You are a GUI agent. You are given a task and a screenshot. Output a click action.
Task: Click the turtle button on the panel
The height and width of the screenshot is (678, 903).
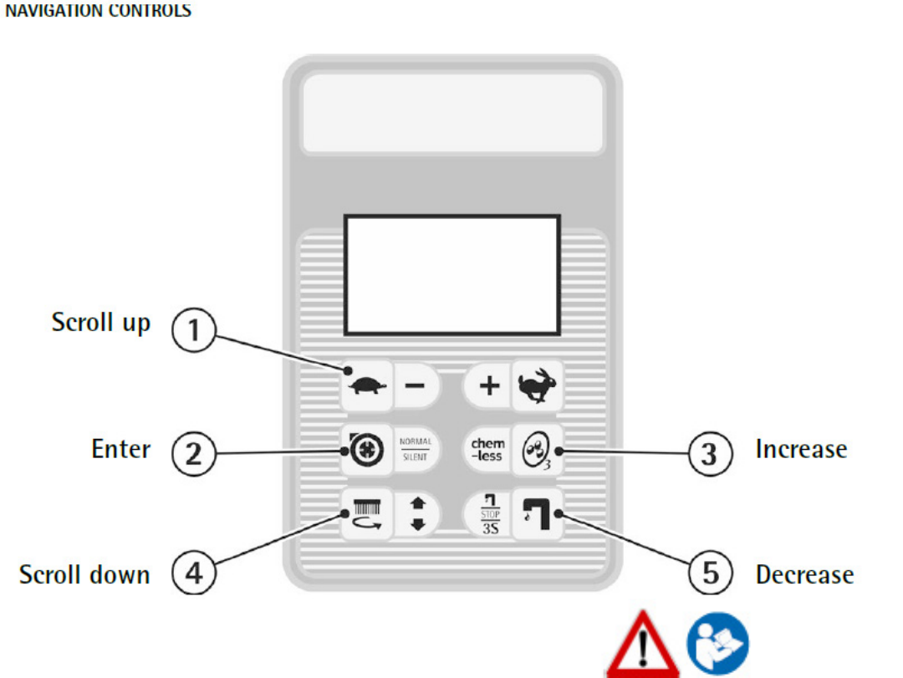point(366,386)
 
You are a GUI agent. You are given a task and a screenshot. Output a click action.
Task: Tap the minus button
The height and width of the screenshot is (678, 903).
point(416,386)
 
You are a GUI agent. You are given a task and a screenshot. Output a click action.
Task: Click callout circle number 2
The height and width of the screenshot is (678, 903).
point(194,454)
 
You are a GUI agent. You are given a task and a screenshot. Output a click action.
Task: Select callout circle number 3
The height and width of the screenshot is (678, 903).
point(709,454)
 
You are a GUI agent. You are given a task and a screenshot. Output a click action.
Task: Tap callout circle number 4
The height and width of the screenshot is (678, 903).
point(194,575)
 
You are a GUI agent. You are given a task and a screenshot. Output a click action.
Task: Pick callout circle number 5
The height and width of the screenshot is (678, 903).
point(709,575)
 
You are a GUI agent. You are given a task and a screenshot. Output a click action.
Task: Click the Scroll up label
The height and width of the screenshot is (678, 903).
point(101,324)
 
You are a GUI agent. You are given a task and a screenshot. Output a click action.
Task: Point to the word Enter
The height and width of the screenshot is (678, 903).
point(121,449)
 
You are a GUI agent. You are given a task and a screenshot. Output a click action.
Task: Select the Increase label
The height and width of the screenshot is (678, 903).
point(801,449)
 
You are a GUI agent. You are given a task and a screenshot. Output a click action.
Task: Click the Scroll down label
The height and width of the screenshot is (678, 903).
point(84,575)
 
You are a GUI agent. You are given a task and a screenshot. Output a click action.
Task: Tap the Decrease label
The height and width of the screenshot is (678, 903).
point(804,575)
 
